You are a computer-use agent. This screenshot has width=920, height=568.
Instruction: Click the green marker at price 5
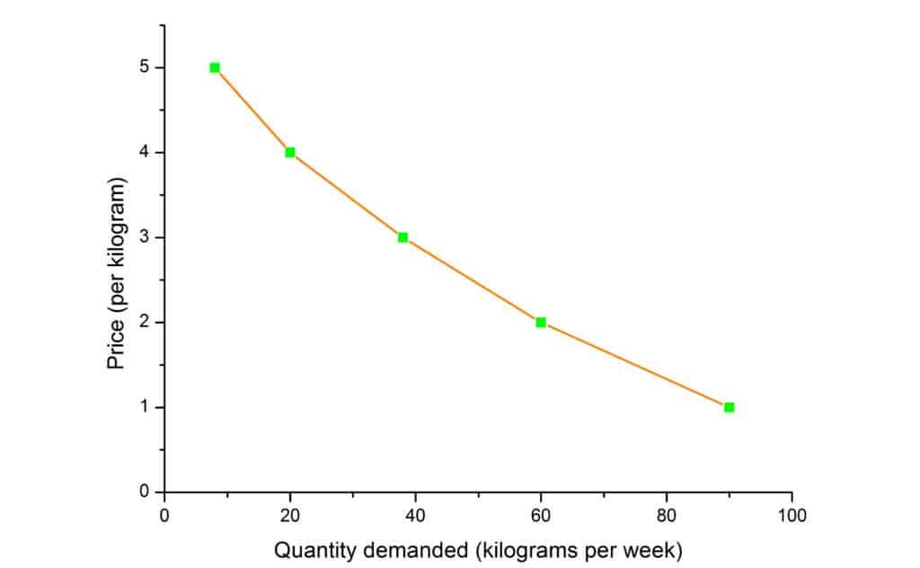215,67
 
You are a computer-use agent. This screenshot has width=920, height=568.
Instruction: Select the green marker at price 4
290,153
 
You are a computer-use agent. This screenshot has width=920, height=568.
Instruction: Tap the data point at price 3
402,237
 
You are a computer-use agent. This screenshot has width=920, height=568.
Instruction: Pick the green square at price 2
541,322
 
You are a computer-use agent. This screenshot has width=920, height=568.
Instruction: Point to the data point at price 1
729,407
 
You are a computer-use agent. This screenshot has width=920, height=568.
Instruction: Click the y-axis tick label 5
145,67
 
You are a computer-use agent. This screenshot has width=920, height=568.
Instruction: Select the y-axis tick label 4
145,153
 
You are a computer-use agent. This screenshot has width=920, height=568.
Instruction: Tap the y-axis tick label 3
145,237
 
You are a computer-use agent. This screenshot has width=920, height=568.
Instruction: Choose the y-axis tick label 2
145,323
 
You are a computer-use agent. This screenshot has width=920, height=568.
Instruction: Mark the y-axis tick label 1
145,407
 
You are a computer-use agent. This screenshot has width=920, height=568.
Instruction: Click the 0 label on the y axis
145,493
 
